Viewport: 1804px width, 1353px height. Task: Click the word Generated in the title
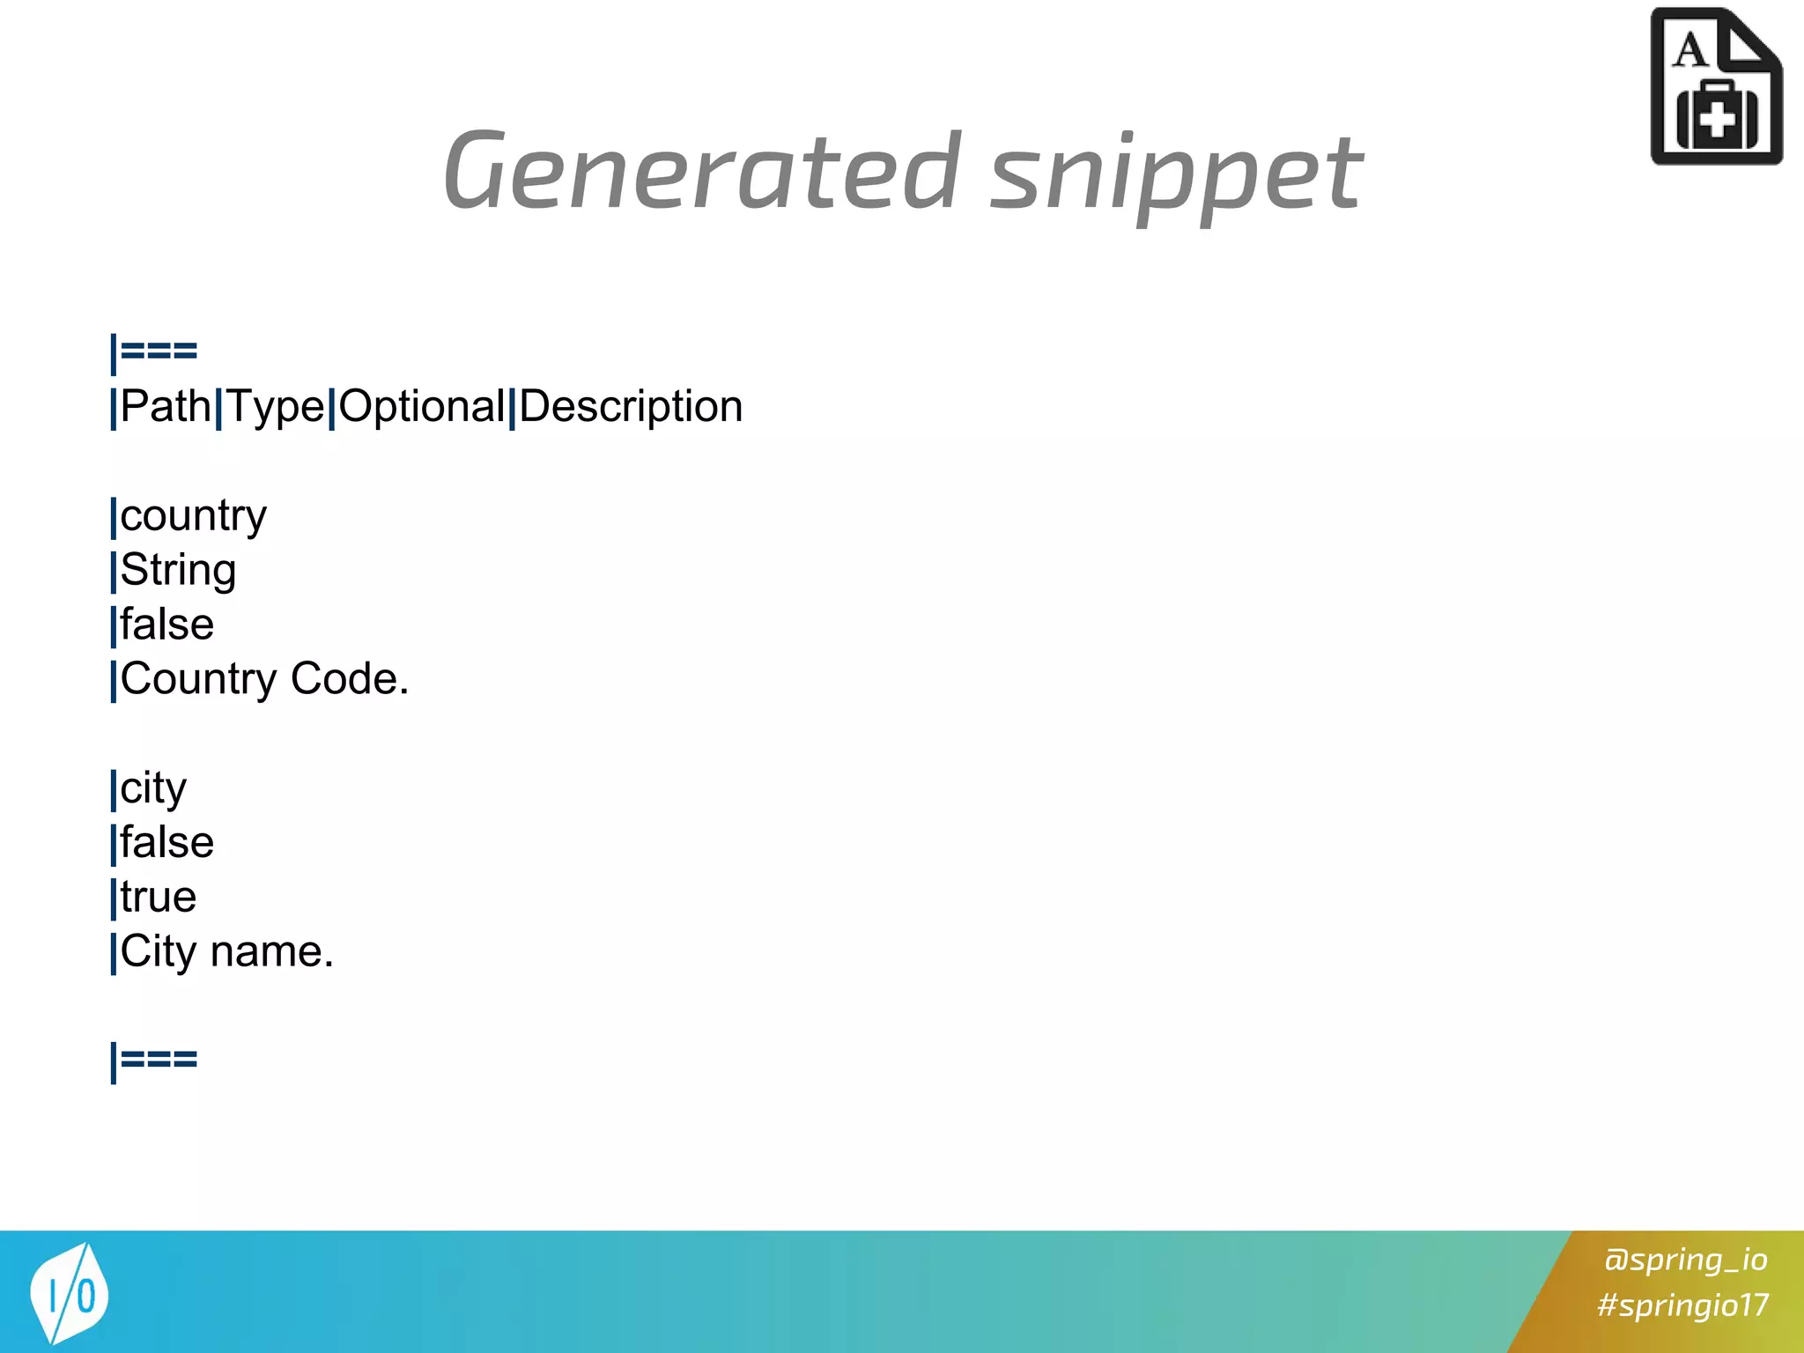click(x=701, y=171)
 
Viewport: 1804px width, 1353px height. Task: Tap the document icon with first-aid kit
click(x=1715, y=88)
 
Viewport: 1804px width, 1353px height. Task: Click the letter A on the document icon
click(x=1690, y=50)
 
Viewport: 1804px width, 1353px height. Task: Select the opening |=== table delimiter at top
click(x=154, y=351)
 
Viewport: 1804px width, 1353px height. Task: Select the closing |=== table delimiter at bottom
click(x=154, y=1060)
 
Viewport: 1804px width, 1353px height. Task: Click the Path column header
click(x=166, y=407)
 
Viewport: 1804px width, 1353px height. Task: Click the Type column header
click(x=276, y=407)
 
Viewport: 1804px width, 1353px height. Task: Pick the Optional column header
click(x=422, y=407)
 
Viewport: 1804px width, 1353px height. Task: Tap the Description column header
click(x=631, y=407)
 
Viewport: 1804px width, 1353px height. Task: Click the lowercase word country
click(x=193, y=516)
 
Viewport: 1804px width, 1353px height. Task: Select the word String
click(x=178, y=571)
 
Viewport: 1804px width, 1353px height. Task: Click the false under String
click(x=166, y=625)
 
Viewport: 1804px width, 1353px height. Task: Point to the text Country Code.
click(x=264, y=679)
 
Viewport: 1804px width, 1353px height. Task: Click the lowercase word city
click(x=153, y=788)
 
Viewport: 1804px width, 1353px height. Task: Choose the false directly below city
click(x=166, y=843)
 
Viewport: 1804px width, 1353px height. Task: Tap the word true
click(x=159, y=898)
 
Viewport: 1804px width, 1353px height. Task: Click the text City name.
click(x=226, y=952)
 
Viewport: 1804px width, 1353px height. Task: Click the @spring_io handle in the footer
click(x=1685, y=1260)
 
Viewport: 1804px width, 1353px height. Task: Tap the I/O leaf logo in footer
click(x=69, y=1293)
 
